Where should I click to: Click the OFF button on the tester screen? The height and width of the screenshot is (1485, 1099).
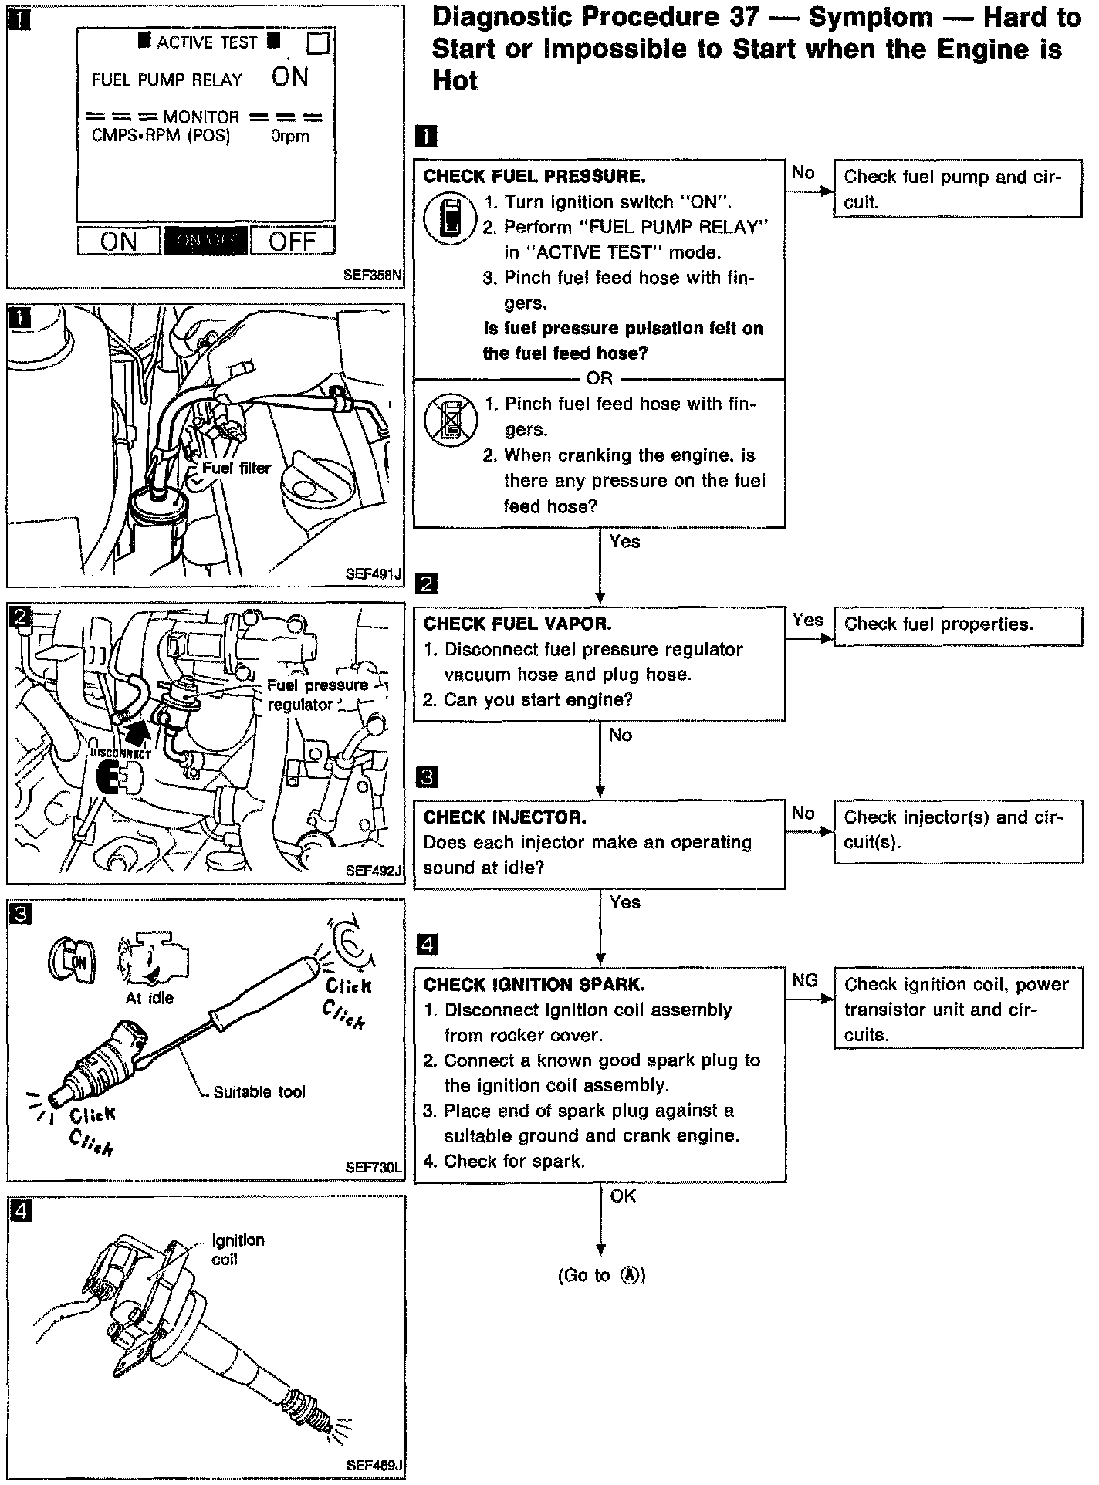293,241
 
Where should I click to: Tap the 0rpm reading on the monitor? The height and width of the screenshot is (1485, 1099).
290,137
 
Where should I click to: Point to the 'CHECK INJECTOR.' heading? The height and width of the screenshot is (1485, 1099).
505,817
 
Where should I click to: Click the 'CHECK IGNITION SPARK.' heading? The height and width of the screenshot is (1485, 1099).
534,984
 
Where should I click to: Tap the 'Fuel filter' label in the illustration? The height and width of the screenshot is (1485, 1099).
236,468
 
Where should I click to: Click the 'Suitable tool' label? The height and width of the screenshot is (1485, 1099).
259,1091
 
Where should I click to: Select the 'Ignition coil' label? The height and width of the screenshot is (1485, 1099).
238,1250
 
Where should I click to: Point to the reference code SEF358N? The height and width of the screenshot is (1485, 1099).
374,275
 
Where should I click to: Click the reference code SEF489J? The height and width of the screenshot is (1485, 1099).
374,1464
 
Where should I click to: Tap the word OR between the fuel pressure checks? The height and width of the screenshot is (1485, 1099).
599,378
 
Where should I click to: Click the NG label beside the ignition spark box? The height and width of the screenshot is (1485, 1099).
805,980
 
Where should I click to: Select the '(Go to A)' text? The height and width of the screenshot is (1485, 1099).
601,1276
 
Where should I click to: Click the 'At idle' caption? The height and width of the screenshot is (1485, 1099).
150,998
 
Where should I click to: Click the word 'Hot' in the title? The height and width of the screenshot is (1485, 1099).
455,80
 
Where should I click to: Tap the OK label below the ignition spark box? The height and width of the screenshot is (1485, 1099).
623,1196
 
